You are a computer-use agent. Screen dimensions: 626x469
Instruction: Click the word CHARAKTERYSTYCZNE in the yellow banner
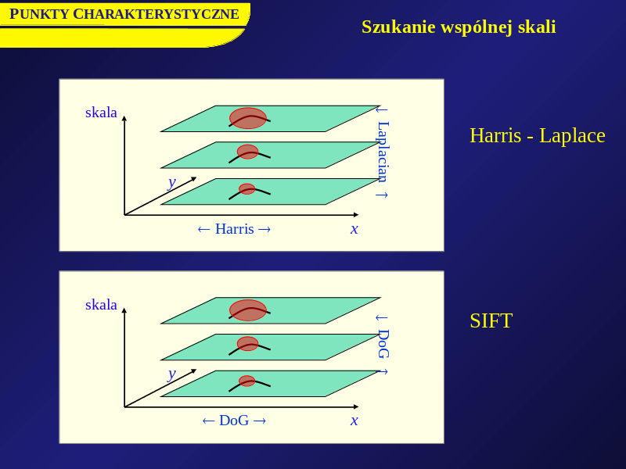coord(156,14)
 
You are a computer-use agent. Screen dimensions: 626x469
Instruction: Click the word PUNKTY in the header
coord(39,14)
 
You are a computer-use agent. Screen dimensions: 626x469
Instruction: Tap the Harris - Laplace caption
coord(538,135)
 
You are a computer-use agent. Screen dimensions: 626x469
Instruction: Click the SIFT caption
coord(491,320)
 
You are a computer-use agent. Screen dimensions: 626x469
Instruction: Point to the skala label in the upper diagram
coord(101,113)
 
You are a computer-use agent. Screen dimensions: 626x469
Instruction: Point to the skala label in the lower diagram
coord(101,305)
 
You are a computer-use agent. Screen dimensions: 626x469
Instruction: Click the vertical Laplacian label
coord(383,152)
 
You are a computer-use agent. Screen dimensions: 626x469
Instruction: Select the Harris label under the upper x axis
coord(234,229)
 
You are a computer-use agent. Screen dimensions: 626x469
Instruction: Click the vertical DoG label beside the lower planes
coord(383,343)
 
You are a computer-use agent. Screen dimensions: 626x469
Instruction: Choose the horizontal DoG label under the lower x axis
coord(234,421)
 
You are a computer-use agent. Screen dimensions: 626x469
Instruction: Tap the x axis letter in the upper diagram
coord(354,229)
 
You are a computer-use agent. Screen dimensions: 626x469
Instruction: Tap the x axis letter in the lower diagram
coord(354,421)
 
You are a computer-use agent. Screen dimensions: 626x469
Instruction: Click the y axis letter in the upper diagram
coord(171,183)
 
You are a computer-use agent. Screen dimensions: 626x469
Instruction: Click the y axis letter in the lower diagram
coord(171,374)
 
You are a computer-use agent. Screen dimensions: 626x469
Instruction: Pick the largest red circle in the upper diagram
coord(248,118)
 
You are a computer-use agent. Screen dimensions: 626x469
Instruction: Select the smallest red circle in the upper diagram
coord(247,189)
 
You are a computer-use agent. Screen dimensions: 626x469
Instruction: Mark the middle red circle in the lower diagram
coord(247,344)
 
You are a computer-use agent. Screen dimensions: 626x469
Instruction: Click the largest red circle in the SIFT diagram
coord(248,310)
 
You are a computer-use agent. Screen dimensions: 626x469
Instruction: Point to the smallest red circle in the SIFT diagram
coord(247,381)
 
